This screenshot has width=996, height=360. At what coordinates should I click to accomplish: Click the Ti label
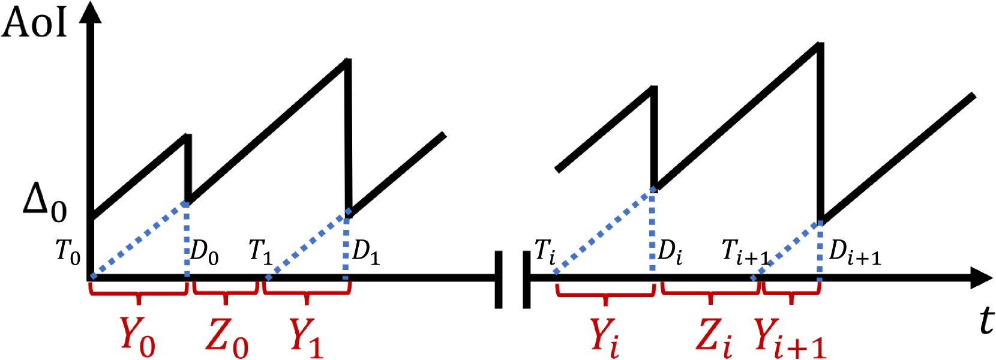(x=545, y=252)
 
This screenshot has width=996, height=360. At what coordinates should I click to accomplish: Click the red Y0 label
(x=137, y=336)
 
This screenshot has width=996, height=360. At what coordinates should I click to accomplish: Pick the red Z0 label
(x=227, y=337)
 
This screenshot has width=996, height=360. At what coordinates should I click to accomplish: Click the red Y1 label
(x=306, y=337)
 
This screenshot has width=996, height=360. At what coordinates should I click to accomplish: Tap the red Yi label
(x=605, y=337)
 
